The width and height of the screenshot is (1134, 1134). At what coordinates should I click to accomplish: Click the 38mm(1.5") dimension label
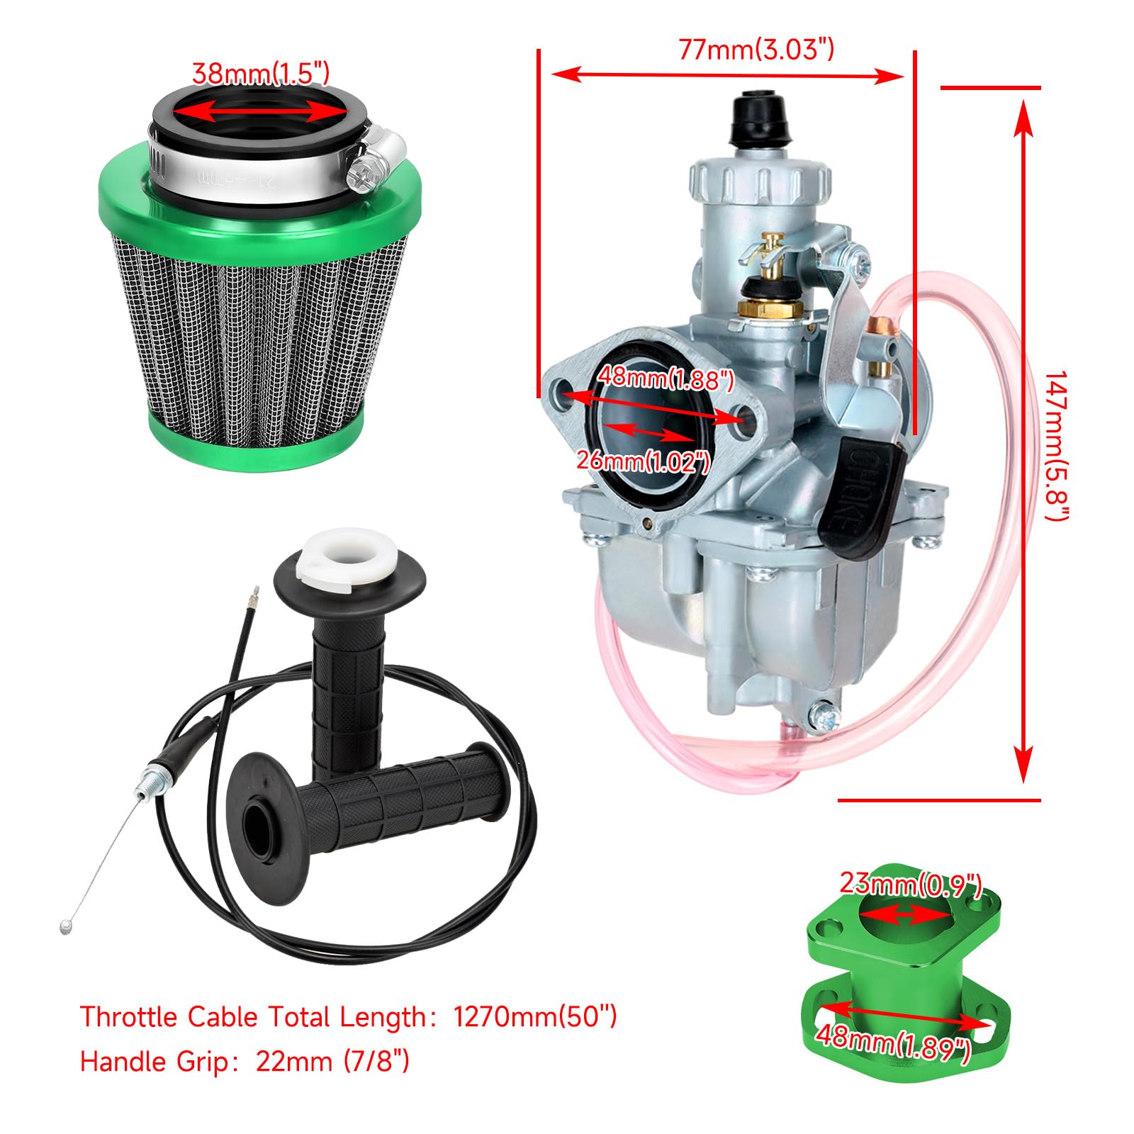(x=261, y=74)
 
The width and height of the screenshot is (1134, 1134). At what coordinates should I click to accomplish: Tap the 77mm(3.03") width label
(x=756, y=50)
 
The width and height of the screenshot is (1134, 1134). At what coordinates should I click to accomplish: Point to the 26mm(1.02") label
(x=643, y=461)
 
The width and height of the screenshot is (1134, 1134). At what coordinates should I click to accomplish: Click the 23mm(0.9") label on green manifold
(x=910, y=884)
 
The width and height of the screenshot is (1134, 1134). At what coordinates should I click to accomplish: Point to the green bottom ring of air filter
(x=255, y=447)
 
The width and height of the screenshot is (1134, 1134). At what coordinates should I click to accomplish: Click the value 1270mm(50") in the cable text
(x=535, y=1017)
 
